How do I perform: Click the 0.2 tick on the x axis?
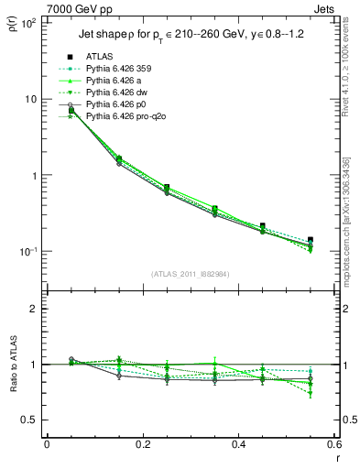point(143,446)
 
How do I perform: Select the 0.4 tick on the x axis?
point(239,446)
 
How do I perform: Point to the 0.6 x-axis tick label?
point(334,446)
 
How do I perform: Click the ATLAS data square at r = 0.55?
point(311,240)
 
